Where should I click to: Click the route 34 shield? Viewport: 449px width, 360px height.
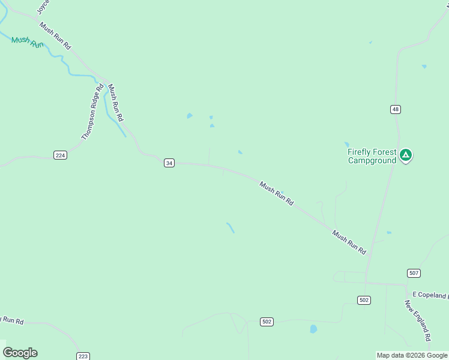(169, 163)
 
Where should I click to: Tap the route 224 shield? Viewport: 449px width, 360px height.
(60, 155)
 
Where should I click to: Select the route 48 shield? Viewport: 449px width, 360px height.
(395, 109)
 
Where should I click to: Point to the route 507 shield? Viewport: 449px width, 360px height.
(414, 273)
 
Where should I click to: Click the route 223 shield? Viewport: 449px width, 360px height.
(83, 356)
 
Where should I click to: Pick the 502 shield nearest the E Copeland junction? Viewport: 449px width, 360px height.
(364, 300)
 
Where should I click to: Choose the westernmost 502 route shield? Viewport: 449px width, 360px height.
(267, 322)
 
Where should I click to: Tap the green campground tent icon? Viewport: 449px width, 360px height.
(406, 155)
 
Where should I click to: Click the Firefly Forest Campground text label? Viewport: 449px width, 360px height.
(372, 156)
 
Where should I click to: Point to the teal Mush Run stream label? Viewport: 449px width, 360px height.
(28, 41)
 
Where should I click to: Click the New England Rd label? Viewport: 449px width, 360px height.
(418, 321)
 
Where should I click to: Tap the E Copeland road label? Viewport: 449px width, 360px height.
(430, 295)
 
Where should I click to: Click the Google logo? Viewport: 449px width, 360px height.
(20, 352)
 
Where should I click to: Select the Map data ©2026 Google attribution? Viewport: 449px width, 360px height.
(412, 355)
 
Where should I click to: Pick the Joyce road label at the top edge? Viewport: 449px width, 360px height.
(43, 7)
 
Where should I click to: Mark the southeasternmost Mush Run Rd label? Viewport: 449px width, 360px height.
(349, 242)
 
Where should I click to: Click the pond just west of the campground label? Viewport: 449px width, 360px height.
(346, 145)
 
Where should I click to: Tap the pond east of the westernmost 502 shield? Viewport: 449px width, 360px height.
(313, 329)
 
